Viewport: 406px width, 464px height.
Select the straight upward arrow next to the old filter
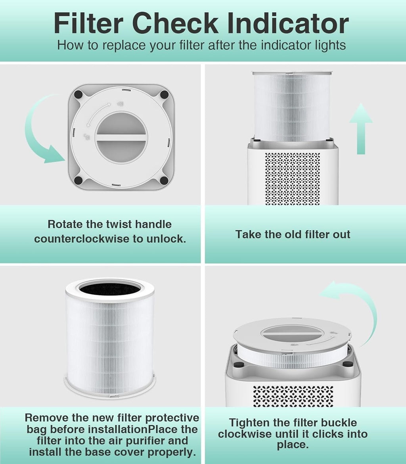[360, 129]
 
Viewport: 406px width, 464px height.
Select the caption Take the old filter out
[293, 234]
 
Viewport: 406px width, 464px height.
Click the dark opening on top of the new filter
[110, 288]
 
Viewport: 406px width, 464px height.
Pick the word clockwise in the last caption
[244, 434]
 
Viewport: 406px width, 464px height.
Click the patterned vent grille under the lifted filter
[293, 178]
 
